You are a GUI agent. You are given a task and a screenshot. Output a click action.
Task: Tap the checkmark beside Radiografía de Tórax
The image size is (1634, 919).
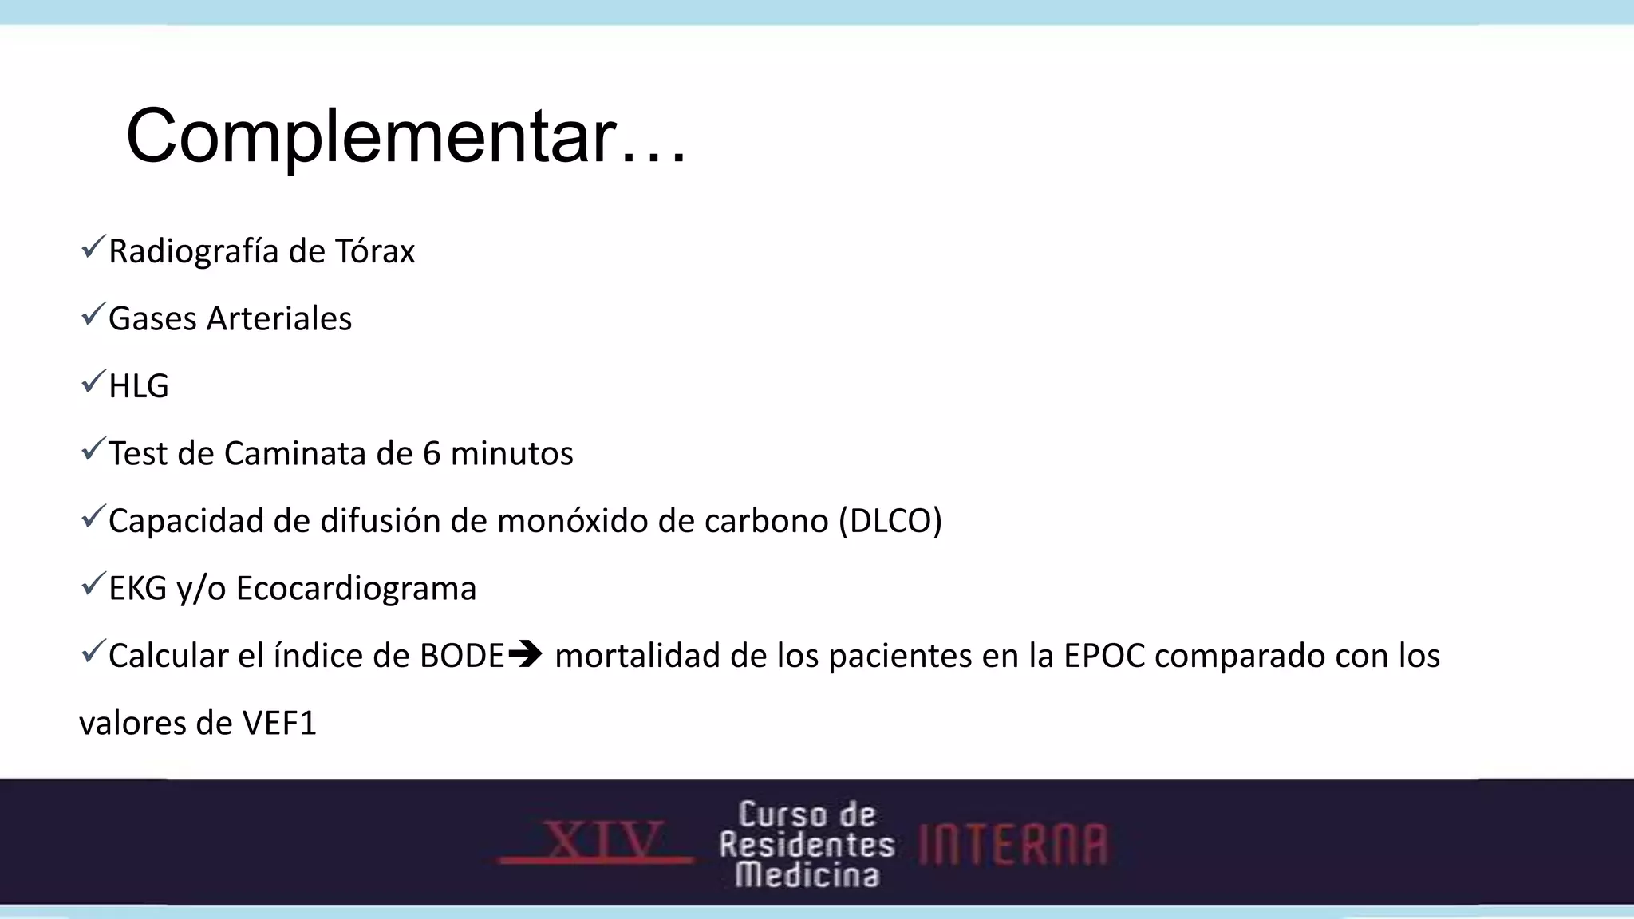[x=93, y=247]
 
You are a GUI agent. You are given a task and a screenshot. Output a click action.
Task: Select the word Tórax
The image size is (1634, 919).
[x=375, y=252]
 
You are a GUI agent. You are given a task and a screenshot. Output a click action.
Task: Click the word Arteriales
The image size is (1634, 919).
[x=279, y=319]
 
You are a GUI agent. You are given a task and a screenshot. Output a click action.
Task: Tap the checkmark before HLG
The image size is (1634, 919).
[x=93, y=382]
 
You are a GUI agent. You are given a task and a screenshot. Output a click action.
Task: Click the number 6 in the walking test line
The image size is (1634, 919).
[x=432, y=454]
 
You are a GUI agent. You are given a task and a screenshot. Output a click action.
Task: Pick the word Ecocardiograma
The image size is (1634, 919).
[x=356, y=589]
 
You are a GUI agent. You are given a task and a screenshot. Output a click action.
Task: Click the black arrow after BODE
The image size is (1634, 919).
[x=525, y=655]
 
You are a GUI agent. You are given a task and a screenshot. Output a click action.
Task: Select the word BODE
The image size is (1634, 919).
[x=463, y=657]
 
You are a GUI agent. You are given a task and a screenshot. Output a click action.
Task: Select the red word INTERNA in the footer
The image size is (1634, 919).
[x=1013, y=845]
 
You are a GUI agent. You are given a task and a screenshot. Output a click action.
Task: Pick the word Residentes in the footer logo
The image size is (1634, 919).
[x=807, y=845]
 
